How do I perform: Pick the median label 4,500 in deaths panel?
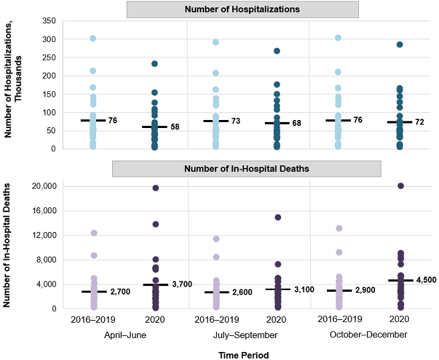click(x=425, y=280)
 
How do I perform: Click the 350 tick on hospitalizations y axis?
click(x=48, y=22)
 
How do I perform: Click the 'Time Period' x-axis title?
click(x=244, y=355)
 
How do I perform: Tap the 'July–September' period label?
click(x=246, y=335)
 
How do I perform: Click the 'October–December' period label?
click(x=368, y=335)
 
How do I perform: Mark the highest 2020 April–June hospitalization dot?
click(x=155, y=64)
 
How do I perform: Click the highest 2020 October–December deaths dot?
click(x=400, y=186)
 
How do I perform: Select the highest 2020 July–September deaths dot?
click(x=278, y=217)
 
